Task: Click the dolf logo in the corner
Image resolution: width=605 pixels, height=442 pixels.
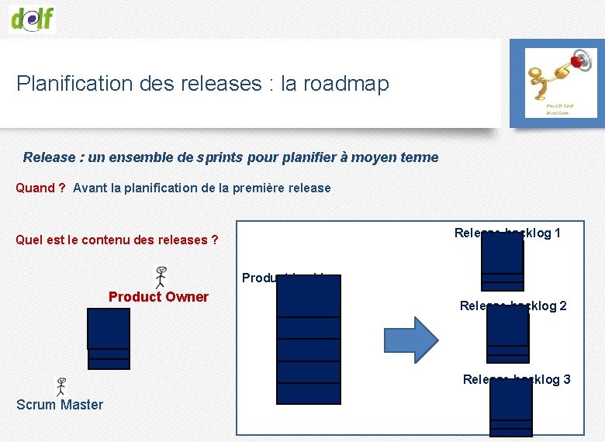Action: (x=33, y=16)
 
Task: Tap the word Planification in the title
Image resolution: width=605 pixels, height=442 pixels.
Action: (x=74, y=84)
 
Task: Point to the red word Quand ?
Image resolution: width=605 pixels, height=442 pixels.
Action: (x=40, y=188)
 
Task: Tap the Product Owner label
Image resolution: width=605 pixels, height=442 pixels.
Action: (x=158, y=296)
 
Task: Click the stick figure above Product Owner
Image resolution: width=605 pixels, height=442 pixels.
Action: (x=161, y=277)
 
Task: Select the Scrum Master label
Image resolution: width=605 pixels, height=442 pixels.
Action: (x=60, y=404)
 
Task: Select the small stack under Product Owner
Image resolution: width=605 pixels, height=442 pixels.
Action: (x=109, y=338)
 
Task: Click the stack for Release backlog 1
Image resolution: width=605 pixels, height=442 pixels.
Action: (x=502, y=261)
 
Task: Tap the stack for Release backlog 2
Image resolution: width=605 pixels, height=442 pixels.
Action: (x=507, y=334)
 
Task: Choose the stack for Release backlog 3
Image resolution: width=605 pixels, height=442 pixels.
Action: (x=511, y=408)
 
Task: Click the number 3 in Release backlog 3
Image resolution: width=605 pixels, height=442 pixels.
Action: (x=567, y=379)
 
